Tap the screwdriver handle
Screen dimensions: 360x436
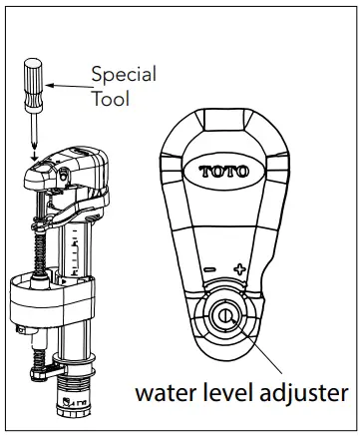click(x=31, y=79)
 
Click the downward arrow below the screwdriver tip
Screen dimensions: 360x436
click(x=35, y=152)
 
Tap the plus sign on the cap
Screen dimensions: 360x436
click(x=239, y=267)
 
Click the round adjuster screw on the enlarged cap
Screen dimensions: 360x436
click(x=224, y=318)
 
